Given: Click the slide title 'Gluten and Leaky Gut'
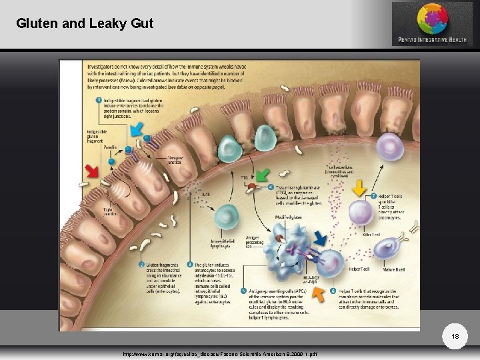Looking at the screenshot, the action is click(x=85, y=24).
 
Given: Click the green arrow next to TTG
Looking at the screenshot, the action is click(x=262, y=175).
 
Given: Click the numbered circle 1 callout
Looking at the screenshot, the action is click(x=99, y=100).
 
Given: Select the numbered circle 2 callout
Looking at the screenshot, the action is click(x=141, y=265).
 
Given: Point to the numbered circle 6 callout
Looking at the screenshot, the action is click(x=333, y=291).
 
